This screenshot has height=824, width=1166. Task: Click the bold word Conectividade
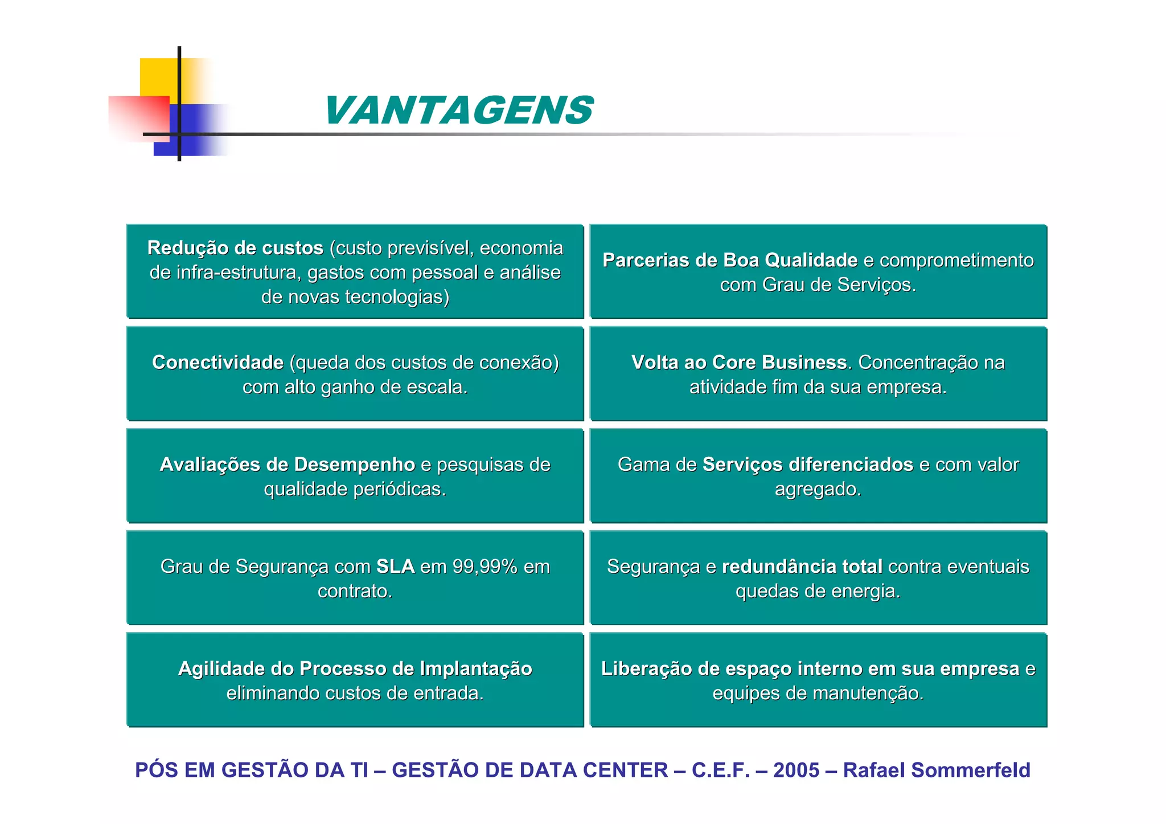pos(217,362)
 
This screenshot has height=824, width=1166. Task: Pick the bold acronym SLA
pos(396,567)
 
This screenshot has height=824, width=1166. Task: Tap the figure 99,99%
pos(485,567)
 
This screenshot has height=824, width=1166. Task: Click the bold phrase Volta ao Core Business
pos(739,362)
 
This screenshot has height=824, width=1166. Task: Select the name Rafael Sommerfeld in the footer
pos(937,770)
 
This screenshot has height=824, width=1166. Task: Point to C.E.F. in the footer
pos(721,770)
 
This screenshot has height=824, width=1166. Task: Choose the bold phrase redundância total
pos(802,567)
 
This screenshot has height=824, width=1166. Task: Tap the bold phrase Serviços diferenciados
pos(808,465)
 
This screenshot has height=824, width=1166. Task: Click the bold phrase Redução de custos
pos(235,248)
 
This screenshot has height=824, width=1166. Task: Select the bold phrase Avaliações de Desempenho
pos(288,465)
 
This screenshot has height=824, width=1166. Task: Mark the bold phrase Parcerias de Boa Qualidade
pos(730,260)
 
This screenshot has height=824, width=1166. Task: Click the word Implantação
pos(476,669)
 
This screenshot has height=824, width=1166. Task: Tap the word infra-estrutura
pos(239,273)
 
